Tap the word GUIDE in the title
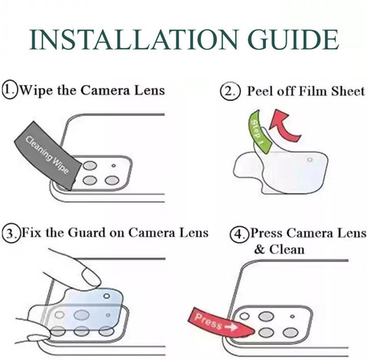coord(293,40)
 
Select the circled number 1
coord(10,90)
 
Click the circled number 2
coord(230,91)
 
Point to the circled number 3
coord(11,233)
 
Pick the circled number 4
coord(239,234)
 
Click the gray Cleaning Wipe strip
coord(48,155)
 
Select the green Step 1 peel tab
coord(258,132)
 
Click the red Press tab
coord(220,322)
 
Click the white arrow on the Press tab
coord(231,326)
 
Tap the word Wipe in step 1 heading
coord(37,90)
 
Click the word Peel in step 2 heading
coord(261,91)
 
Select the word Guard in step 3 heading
coord(87,233)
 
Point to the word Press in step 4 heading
coord(267,233)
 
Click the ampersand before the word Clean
coord(259,249)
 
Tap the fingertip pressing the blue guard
coord(90,277)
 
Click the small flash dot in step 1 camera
coord(113,166)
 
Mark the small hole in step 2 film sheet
coord(310,160)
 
